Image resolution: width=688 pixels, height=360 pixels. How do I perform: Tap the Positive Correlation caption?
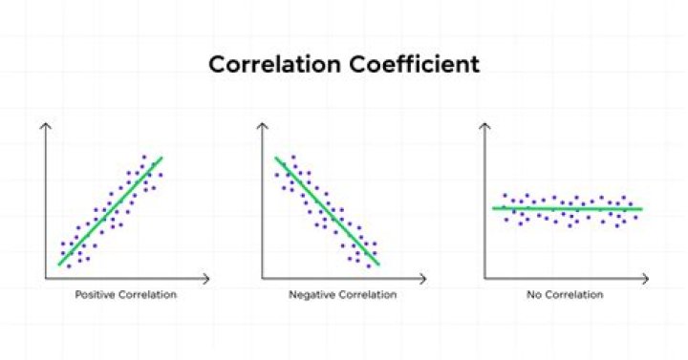126,295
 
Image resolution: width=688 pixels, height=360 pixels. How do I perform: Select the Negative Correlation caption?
343,295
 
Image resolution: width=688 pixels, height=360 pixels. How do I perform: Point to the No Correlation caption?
565,295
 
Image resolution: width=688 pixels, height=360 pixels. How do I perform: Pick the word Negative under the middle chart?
311,295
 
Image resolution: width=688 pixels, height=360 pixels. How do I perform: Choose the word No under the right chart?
532,295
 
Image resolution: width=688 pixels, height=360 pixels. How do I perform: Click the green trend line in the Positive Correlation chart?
110,211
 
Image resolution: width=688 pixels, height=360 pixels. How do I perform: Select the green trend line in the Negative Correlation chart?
327,211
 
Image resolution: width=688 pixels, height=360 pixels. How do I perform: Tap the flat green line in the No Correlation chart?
568,207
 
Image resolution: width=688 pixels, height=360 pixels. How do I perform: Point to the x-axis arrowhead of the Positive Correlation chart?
207,279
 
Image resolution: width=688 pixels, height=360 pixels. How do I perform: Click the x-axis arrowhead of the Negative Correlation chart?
424,279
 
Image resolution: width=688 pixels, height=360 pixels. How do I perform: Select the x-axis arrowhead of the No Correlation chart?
646,279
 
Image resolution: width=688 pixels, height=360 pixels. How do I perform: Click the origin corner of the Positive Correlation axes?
45,279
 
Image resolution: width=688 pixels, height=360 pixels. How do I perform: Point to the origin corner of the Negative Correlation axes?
262,279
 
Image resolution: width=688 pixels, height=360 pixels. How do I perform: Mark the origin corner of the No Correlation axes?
484,279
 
